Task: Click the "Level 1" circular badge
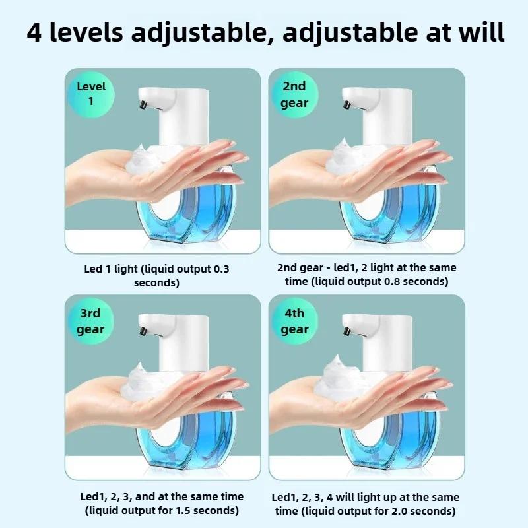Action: [x=91, y=94]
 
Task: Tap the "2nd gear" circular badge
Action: [x=294, y=94]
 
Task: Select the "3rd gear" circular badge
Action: [x=90, y=321]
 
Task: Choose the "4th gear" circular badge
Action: [x=294, y=321]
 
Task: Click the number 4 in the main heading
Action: [x=34, y=32]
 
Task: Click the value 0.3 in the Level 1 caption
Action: [x=221, y=269]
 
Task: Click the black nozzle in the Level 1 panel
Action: [x=143, y=104]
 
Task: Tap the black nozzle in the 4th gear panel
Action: [x=347, y=331]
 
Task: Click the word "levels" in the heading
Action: [x=86, y=32]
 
